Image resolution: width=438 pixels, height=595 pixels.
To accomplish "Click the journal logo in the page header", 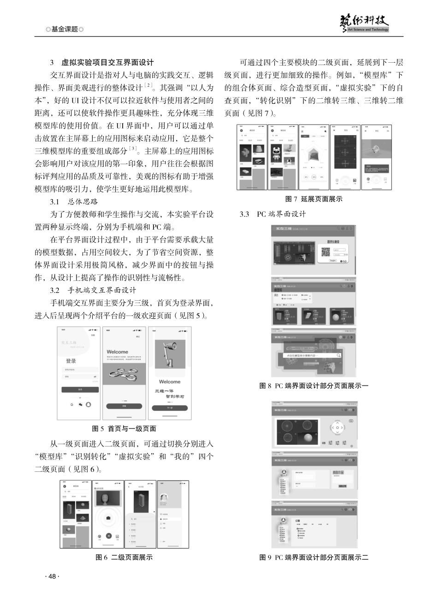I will click(x=364, y=23).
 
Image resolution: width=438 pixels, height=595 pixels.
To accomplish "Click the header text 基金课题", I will click(x=65, y=29).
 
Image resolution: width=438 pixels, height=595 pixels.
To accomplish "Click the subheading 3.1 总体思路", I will click(x=74, y=202).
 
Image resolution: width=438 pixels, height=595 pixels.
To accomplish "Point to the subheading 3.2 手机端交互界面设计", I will click(x=93, y=290).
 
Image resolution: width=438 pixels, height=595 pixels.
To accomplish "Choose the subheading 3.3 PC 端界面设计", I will click(x=272, y=214).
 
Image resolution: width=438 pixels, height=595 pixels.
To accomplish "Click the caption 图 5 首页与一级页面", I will click(x=124, y=428).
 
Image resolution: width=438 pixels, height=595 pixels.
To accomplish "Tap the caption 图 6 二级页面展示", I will click(x=124, y=557).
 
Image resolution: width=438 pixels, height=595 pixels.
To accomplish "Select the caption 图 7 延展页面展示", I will click(x=314, y=199).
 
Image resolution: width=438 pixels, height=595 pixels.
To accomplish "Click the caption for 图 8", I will click(x=314, y=386).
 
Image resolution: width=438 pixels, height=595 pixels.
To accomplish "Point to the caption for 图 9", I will click(x=314, y=557).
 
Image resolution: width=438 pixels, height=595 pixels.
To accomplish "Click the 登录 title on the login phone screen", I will click(x=71, y=361).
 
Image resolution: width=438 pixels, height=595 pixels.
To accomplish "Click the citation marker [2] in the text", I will click(x=149, y=85).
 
